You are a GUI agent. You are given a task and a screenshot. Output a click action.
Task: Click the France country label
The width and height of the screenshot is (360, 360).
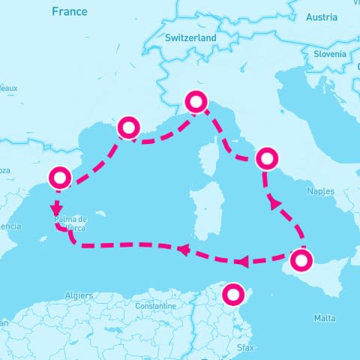coord(69,11)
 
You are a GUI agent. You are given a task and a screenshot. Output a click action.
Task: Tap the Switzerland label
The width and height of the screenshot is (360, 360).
coord(190,37)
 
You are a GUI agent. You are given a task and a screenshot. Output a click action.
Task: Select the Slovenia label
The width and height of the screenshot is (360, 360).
coord(329,53)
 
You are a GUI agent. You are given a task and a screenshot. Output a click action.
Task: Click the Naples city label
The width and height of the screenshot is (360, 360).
coord(320,192)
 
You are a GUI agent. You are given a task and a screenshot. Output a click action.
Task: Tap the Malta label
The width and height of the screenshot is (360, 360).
coord(325,318)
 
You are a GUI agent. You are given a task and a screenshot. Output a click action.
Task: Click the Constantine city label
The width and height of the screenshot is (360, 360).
coord(154,307)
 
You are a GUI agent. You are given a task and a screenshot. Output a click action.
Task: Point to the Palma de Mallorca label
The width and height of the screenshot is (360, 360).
coord(71,223)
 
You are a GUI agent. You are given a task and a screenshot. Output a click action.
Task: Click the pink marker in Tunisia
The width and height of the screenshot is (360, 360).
coord(234,293)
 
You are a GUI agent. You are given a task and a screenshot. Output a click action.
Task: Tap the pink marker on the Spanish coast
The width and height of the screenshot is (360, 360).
coord(59,178)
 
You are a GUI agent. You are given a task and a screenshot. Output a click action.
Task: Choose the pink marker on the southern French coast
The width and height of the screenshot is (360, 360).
coord(129,127)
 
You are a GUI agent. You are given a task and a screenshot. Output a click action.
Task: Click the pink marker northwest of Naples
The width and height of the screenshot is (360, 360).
coord(266,158)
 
